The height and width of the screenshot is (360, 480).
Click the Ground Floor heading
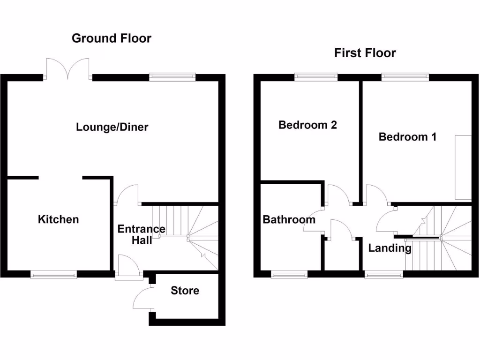(x=112, y=38)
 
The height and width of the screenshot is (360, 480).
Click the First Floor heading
(x=365, y=53)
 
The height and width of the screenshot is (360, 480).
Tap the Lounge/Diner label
(x=112, y=127)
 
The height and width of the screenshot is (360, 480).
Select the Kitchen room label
(x=59, y=219)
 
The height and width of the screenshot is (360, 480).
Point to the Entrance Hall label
(x=141, y=234)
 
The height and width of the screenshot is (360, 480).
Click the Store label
(x=185, y=291)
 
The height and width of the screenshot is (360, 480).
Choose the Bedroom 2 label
(x=307, y=125)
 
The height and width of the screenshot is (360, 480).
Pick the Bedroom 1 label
(x=407, y=137)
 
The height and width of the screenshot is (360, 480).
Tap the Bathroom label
(x=289, y=219)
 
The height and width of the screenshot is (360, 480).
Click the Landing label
(x=390, y=248)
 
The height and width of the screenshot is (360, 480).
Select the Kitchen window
(x=53, y=275)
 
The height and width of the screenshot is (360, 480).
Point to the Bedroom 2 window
(x=316, y=76)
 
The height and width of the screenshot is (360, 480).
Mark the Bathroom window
(x=289, y=275)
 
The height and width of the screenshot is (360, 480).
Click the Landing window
(x=383, y=275)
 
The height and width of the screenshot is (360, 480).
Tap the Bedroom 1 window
(x=405, y=76)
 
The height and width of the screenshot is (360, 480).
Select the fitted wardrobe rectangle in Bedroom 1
(x=463, y=167)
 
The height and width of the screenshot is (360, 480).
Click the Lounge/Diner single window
(x=172, y=76)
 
